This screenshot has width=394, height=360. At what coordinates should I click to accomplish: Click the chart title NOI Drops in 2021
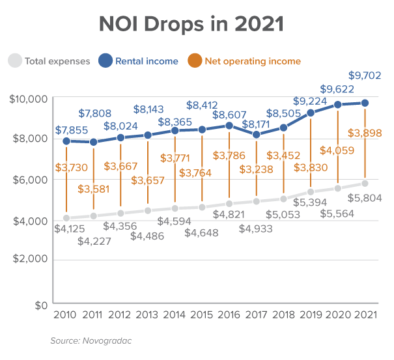pyautogui.click(x=191, y=25)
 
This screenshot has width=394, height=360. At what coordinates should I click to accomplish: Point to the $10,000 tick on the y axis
pyautogui.click(x=29, y=99)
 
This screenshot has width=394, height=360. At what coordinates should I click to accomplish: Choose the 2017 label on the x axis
pyautogui.click(x=257, y=316)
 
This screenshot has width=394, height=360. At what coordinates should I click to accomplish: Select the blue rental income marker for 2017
pyautogui.click(x=257, y=135)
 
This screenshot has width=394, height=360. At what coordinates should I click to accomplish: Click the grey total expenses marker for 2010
pyautogui.click(x=66, y=218)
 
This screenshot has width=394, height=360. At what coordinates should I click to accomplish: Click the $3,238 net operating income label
pyautogui.click(x=256, y=169)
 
